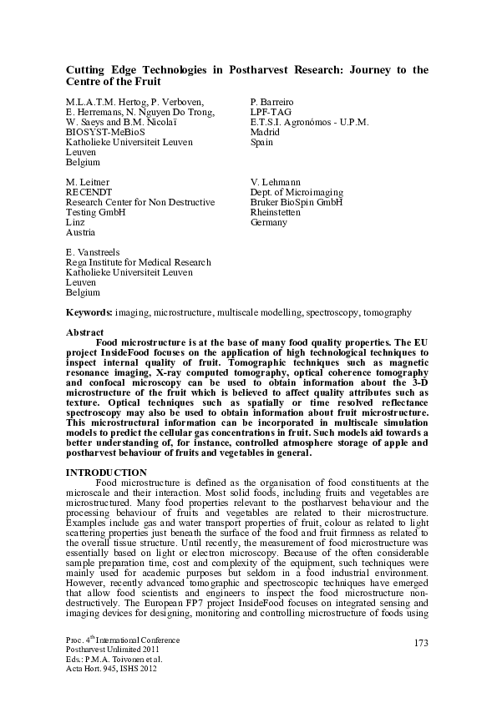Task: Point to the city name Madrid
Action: [x=265, y=132]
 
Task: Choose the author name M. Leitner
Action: [x=88, y=181]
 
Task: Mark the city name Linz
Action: [x=74, y=224]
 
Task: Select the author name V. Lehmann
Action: [x=276, y=181]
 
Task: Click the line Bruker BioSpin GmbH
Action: [x=297, y=203]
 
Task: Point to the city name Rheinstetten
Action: [x=278, y=213]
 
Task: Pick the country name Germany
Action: [x=269, y=224]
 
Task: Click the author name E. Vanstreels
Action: [x=94, y=251]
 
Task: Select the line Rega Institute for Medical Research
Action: [x=138, y=262]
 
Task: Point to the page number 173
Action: [x=421, y=641]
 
